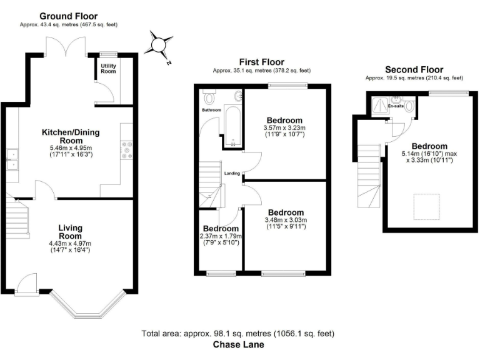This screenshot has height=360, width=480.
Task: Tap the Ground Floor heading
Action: (x=68, y=16)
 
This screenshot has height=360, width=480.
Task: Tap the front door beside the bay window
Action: (x=27, y=284)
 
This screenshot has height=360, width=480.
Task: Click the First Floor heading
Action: (x=261, y=62)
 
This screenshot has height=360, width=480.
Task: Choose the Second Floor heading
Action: (x=414, y=69)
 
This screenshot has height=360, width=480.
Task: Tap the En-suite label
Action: (x=395, y=106)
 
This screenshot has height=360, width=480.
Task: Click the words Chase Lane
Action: (x=239, y=344)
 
